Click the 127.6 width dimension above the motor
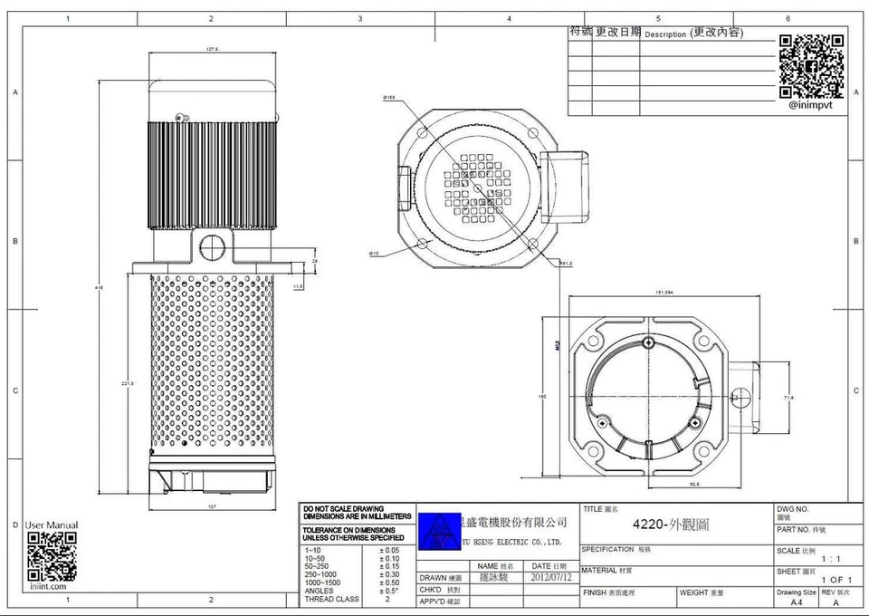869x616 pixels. click(x=214, y=50)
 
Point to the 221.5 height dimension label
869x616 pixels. click(x=128, y=384)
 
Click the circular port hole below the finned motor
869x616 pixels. click(x=214, y=244)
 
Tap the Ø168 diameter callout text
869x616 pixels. click(x=389, y=97)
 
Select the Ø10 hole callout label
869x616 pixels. click(x=374, y=254)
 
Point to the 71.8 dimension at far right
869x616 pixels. click(x=788, y=397)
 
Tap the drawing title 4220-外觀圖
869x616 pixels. click(x=671, y=525)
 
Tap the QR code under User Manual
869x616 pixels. click(x=52, y=556)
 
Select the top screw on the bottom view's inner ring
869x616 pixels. click(x=650, y=342)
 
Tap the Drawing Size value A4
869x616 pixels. click(x=796, y=602)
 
